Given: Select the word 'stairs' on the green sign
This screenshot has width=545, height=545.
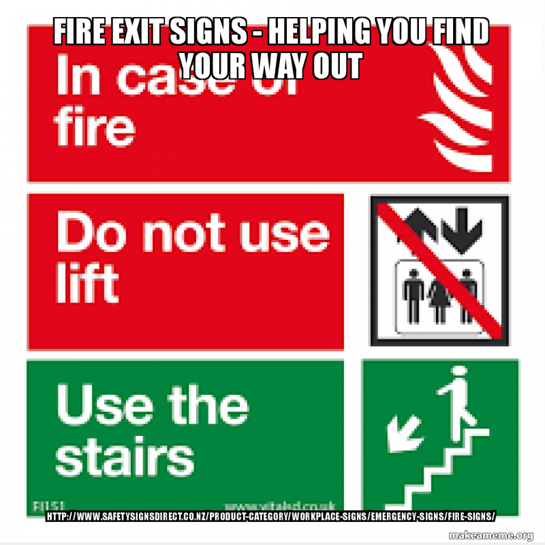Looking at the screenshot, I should pos(125,454).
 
